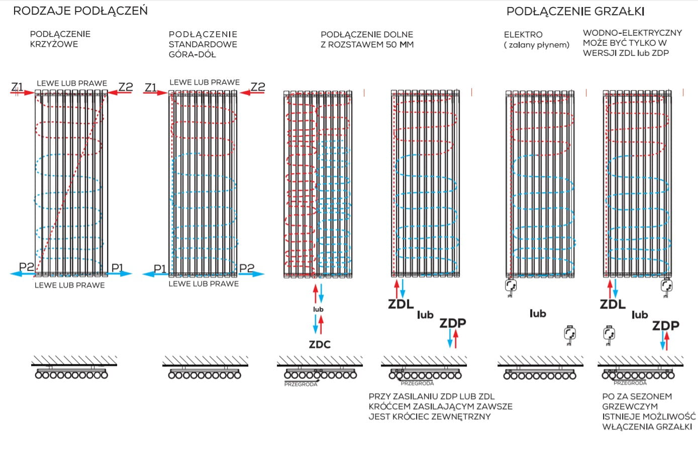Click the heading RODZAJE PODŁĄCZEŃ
[80, 11]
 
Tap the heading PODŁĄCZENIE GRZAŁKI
[575, 11]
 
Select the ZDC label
[320, 345]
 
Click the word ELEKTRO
[523, 34]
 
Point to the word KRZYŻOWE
[54, 44]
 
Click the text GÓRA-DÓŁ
[192, 54]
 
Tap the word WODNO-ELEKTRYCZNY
[632, 33]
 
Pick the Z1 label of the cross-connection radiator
[17, 87]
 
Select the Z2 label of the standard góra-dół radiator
[258, 87]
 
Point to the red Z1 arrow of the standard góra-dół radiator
[155, 93]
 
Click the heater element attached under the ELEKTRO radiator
[511, 286]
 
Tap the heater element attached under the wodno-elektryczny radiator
[667, 286]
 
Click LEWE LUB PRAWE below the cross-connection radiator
[69, 285]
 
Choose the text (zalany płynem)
[537, 45]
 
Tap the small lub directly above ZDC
[318, 309]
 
